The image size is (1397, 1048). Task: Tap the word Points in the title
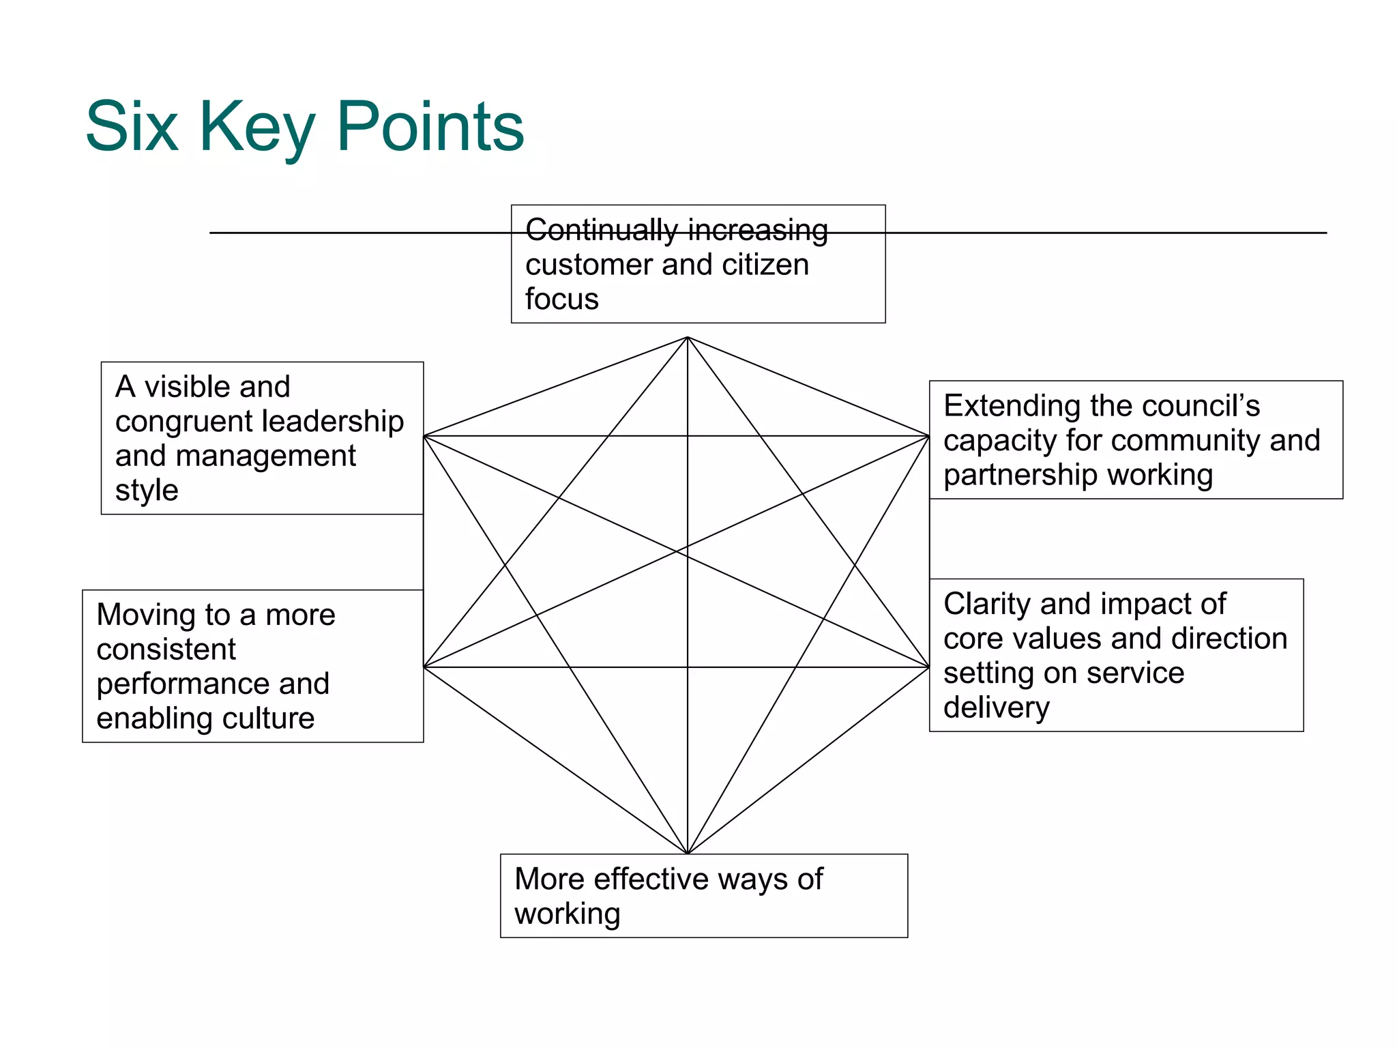[x=430, y=127]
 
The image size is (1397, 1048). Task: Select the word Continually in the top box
[x=600, y=231]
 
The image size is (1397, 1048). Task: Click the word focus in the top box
[x=561, y=300]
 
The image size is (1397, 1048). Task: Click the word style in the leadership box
[x=147, y=491]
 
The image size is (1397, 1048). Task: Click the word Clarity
[x=986, y=604]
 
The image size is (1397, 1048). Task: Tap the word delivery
[x=996, y=708]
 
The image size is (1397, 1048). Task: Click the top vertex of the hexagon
[x=688, y=337]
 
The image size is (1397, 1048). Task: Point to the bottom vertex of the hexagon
[x=688, y=853]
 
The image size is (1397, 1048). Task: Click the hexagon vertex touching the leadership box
[x=424, y=436]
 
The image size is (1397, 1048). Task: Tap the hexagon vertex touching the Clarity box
[x=929, y=667]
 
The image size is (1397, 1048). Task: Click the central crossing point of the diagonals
[x=688, y=551]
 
